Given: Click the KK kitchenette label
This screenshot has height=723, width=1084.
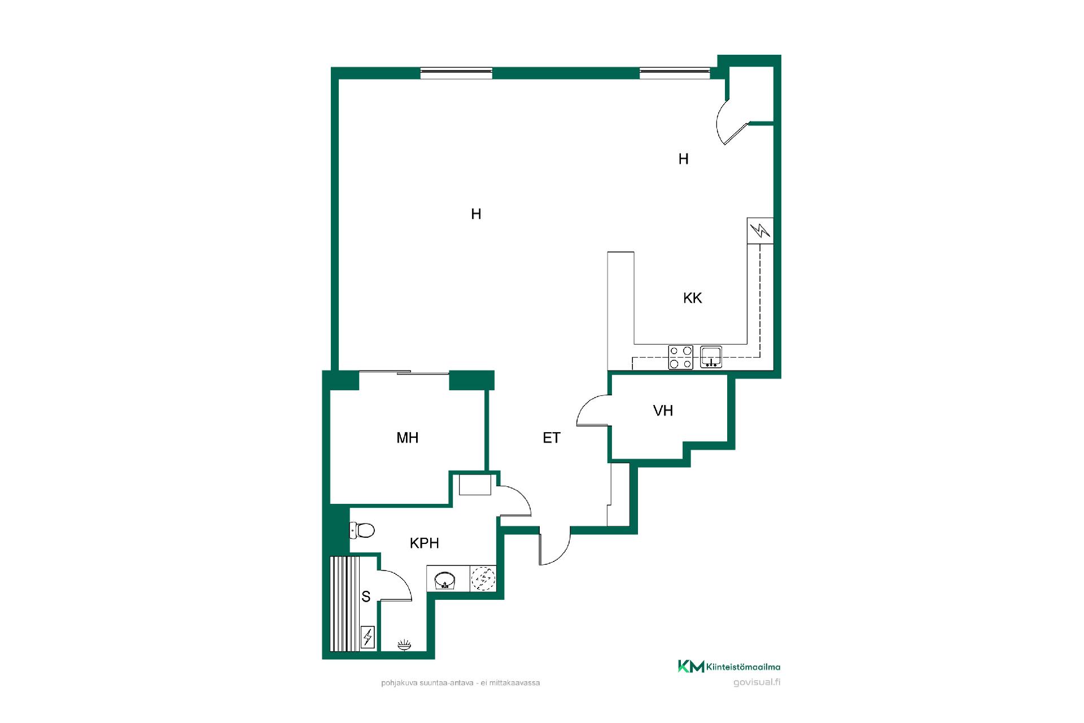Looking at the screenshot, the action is (x=692, y=298).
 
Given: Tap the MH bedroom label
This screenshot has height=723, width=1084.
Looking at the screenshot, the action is (x=407, y=438).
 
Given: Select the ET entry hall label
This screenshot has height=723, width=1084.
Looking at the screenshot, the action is (x=552, y=438).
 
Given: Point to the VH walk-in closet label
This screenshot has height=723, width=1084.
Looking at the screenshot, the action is (x=663, y=411).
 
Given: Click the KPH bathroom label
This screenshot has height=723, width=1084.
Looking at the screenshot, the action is (x=424, y=543).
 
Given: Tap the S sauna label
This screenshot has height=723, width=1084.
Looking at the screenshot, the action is (x=366, y=596).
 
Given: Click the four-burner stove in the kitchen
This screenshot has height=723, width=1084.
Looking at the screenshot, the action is (x=680, y=357).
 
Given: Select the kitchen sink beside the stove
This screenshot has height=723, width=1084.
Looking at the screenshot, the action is (x=711, y=357).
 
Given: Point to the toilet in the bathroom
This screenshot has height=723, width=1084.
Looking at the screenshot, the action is (x=362, y=530).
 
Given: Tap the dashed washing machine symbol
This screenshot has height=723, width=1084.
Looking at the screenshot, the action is (x=483, y=579).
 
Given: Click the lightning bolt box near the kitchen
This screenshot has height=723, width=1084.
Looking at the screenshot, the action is (x=760, y=230).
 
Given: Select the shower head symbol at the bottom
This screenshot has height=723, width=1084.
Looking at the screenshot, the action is (x=404, y=645).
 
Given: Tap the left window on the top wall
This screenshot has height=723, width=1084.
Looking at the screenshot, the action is (x=456, y=73).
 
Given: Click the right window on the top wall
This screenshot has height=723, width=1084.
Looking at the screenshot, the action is (x=675, y=73).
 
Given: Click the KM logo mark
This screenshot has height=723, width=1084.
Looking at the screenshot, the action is (x=691, y=667).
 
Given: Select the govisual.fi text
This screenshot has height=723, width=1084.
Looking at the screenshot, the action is (x=757, y=682).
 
